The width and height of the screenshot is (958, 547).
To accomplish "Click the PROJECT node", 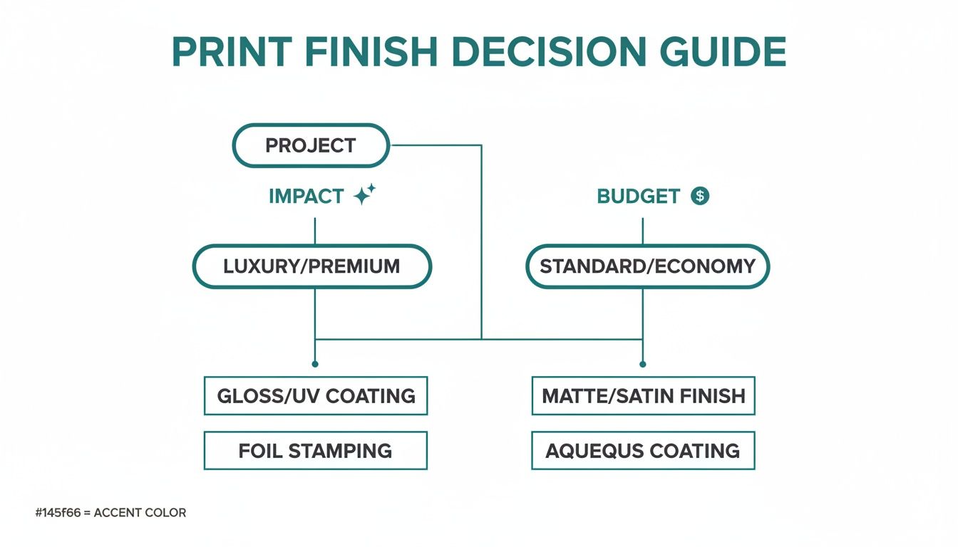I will (311, 146).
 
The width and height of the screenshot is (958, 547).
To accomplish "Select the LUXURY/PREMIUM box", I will (311, 266).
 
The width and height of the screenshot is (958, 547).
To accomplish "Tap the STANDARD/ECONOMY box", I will (647, 266).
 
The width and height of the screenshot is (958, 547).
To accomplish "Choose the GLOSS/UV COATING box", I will (316, 396).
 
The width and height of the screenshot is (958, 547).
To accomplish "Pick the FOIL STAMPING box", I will (316, 451).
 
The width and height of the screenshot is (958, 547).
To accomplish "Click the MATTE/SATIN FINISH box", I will (643, 396).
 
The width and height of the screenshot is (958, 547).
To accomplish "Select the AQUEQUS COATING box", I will (643, 451).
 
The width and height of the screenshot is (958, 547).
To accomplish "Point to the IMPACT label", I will (307, 197).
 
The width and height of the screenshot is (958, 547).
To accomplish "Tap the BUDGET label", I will (638, 197).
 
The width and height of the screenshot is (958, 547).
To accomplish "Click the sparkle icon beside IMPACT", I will (364, 195).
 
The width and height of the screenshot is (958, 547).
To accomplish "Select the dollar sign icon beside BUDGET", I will (700, 196).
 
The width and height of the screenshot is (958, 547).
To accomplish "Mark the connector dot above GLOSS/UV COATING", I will (315, 364).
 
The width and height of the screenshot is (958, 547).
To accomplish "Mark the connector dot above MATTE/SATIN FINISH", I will (643, 364).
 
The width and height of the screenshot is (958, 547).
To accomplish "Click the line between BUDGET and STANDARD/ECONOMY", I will (643, 231).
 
